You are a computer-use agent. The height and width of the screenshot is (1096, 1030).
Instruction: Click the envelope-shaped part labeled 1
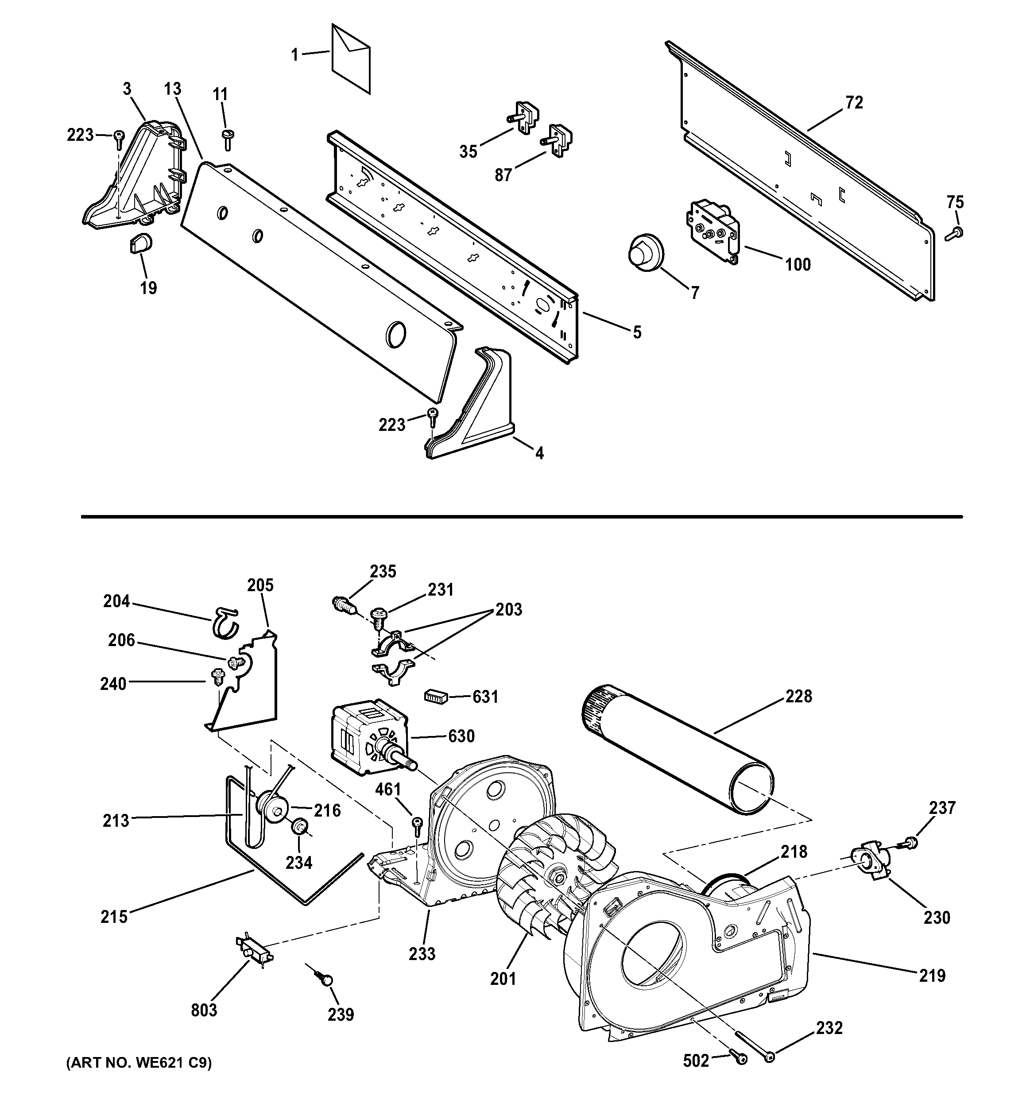tap(351, 59)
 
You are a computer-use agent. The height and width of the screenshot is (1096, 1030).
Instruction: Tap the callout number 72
tap(854, 103)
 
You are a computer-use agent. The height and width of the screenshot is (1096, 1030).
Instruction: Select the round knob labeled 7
tap(645, 253)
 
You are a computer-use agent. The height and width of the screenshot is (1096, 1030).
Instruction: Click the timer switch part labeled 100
tap(711, 227)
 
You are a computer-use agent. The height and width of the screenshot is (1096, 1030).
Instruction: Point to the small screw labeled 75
tap(954, 233)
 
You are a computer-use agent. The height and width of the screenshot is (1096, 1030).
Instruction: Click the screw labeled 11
tap(227, 138)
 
